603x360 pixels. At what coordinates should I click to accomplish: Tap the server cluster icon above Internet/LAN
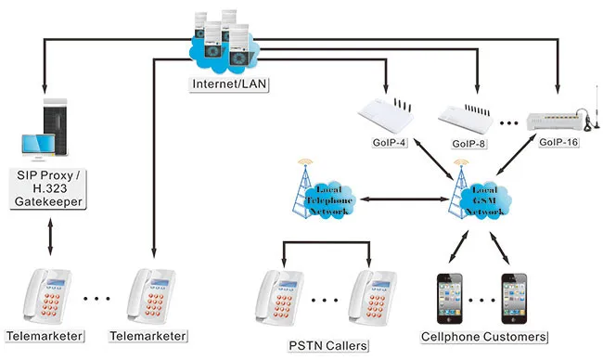(222, 43)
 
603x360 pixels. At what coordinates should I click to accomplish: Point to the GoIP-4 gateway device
(386, 116)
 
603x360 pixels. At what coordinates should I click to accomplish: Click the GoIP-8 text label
(470, 145)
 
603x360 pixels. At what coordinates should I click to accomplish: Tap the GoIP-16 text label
(558, 145)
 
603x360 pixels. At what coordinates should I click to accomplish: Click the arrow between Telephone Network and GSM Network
(401, 199)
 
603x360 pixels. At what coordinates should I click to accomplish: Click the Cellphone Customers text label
(482, 336)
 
